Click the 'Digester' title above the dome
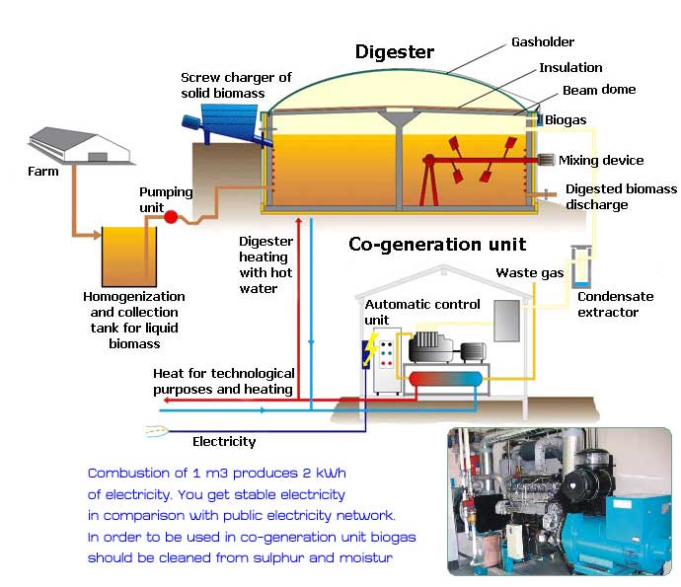tap(396, 51)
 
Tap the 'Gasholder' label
tap(542, 42)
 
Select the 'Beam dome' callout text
tap(599, 90)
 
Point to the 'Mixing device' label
tap(601, 160)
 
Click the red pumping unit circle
tap(170, 216)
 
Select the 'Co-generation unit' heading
tap(437, 244)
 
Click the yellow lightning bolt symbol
tap(370, 351)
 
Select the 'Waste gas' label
tap(522, 272)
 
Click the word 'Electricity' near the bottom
tap(224, 441)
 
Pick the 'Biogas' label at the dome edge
tap(566, 120)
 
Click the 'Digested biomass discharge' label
tap(621, 196)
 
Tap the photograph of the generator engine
tap(559, 501)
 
